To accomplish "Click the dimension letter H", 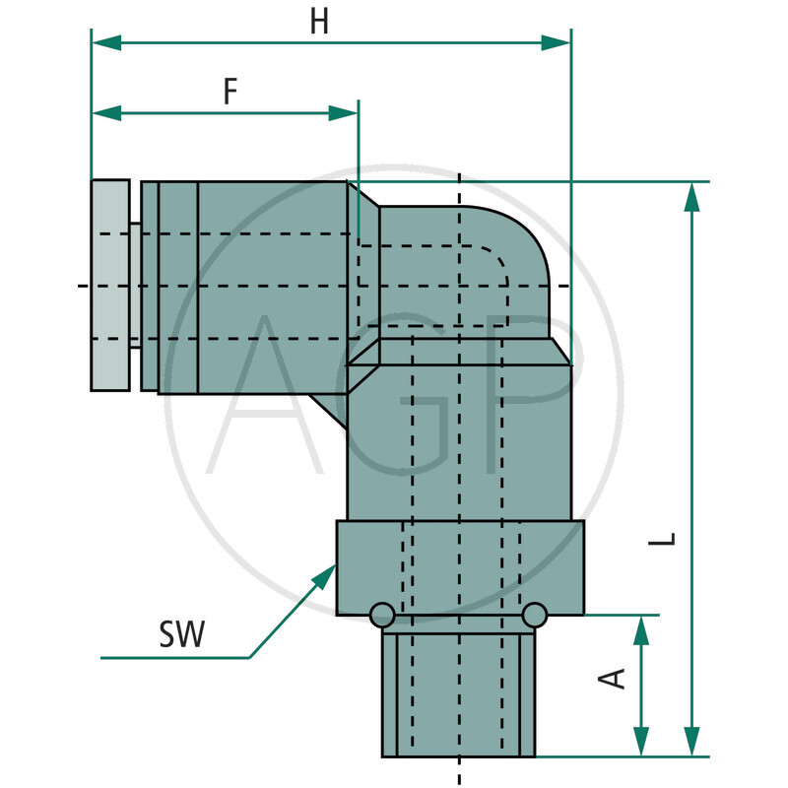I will point(318,22).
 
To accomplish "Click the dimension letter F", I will point(230,92).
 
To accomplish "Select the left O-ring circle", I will point(381,616).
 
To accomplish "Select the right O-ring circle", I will point(535,616).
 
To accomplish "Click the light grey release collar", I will point(109,286).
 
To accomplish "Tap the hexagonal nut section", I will point(460,566).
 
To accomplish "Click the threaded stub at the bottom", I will point(460,694).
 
